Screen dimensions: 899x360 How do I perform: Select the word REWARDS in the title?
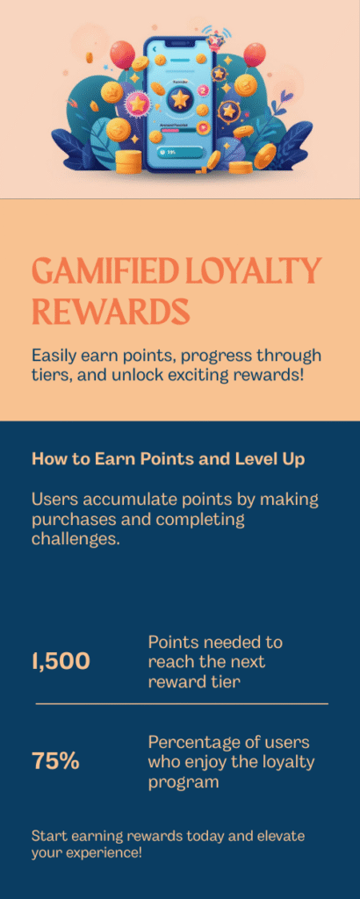pos(111,311)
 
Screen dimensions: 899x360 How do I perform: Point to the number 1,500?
pos(61,661)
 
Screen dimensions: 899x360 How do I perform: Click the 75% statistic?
pos(55,761)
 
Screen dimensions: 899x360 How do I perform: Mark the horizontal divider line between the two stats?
pos(182,703)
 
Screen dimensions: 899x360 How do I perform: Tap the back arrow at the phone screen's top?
pos(154,51)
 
